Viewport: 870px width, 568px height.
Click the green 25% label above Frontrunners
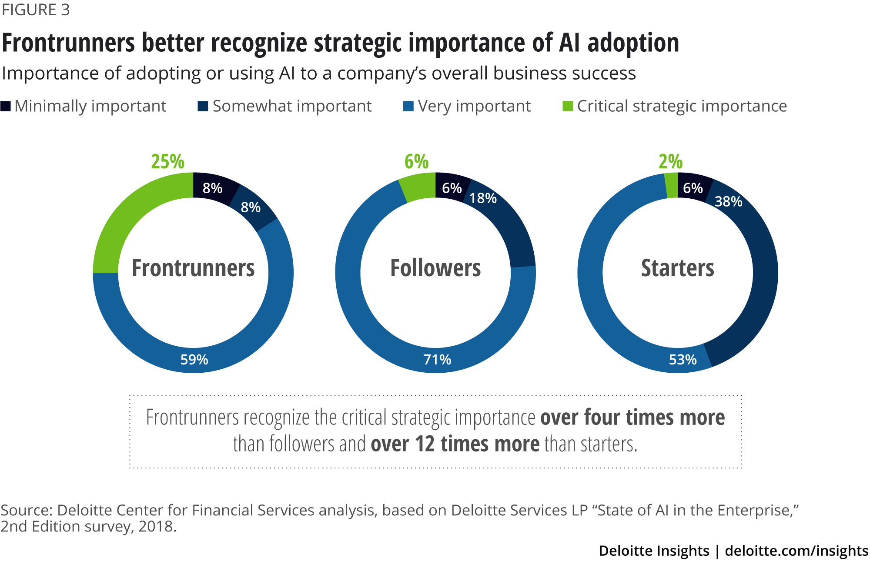coord(167,161)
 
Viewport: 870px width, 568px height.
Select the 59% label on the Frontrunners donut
coord(194,360)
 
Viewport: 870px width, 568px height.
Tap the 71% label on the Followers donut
coord(437,360)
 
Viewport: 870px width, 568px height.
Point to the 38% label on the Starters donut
coord(728,201)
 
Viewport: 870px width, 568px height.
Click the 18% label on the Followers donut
coord(483,198)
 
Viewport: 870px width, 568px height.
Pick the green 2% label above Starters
coord(670,161)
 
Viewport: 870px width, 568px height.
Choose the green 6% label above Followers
coord(416,161)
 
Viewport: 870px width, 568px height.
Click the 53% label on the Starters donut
coord(683,360)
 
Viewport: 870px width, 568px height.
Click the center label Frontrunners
coord(193,268)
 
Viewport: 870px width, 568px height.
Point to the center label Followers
coord(435,268)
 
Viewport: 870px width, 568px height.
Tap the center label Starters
coord(677,268)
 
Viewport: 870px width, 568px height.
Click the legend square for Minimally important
coord(6,106)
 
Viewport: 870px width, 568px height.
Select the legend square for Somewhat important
coord(203,106)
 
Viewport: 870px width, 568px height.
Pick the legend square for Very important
coord(408,106)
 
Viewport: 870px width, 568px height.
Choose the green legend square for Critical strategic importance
coord(568,106)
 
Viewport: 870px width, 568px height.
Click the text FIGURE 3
coord(36,10)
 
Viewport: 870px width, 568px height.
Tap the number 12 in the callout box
coord(425,444)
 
